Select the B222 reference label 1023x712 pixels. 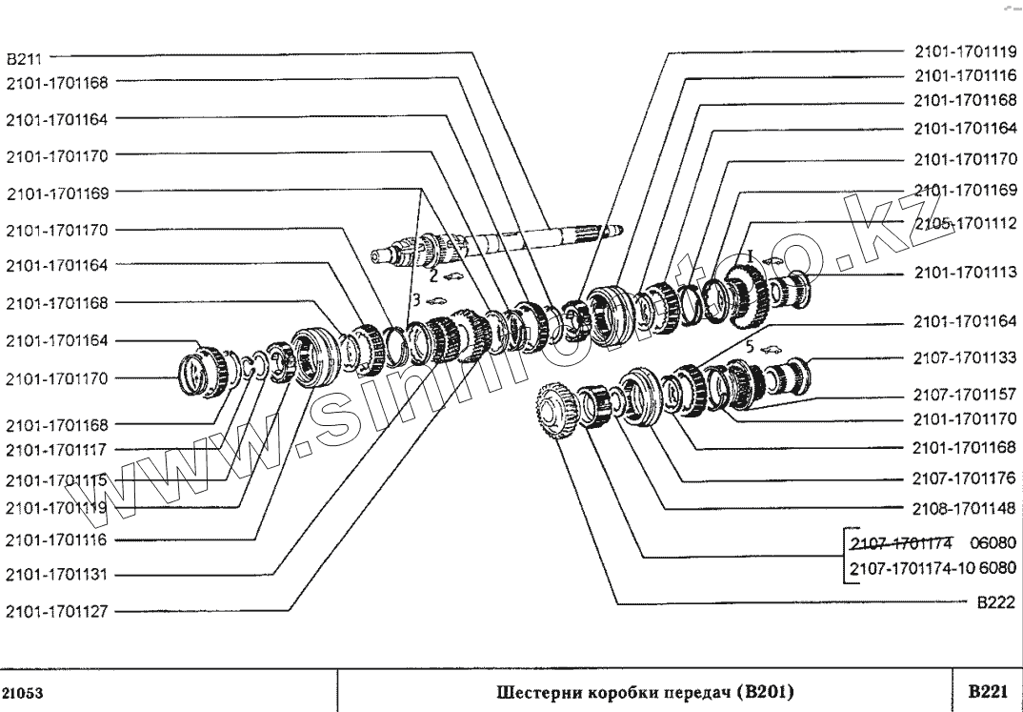(993, 603)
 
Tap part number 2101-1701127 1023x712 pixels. (57, 612)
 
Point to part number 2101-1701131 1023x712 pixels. (57, 576)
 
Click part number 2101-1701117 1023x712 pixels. (57, 449)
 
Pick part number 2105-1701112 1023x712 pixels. (965, 225)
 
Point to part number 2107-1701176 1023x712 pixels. (965, 479)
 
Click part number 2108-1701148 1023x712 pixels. (965, 508)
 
